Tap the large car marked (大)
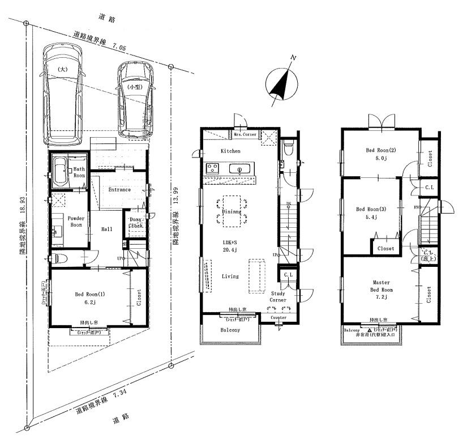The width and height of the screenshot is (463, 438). click(x=63, y=93)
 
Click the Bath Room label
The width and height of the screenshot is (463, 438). click(x=78, y=172)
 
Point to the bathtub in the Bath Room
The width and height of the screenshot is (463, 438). click(x=60, y=171)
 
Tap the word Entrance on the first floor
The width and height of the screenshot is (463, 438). click(x=119, y=190)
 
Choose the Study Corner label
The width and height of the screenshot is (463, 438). click(x=278, y=297)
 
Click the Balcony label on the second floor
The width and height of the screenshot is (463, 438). click(x=230, y=330)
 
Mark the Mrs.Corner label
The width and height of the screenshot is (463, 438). click(x=245, y=134)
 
